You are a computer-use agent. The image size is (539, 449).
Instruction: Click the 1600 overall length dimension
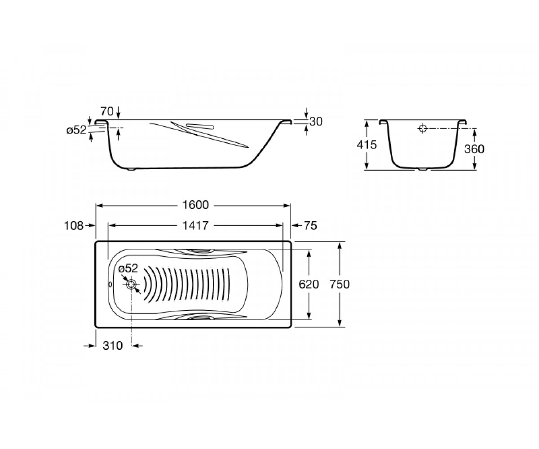coord(195,205)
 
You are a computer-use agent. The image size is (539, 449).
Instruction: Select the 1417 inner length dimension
coord(195,226)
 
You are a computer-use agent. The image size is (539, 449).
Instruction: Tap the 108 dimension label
coord(74,226)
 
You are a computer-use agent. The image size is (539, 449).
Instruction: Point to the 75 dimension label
coord(310,226)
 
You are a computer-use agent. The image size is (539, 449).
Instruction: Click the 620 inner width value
coord(309,284)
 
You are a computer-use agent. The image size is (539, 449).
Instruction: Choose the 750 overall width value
coord(340,284)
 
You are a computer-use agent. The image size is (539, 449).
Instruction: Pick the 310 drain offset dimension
coord(113,346)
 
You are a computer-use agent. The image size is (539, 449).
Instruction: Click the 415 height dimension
coord(367,145)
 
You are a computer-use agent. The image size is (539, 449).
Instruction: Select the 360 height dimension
coord(474,149)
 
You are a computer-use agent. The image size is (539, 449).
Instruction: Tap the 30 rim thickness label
coord(316,122)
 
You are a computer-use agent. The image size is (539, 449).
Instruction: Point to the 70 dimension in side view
coord(107,111)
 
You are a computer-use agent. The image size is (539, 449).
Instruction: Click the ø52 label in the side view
coord(76,130)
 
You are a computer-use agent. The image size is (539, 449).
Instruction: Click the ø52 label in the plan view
coord(128,269)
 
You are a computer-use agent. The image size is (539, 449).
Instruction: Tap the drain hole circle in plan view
coord(132,284)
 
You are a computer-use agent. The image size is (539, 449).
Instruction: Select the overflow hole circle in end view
coord(423,128)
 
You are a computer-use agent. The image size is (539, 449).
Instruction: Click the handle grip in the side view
coord(200,127)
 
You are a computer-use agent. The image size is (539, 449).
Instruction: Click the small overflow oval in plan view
coord(110,284)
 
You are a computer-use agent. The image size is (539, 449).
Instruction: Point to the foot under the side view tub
coord(132,170)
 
